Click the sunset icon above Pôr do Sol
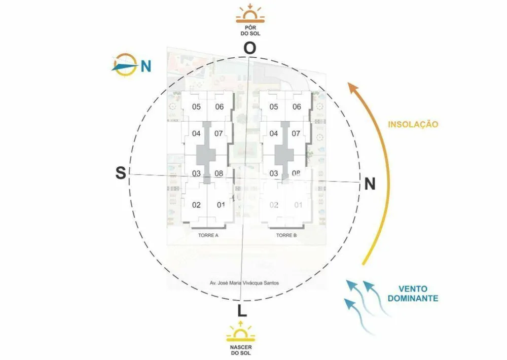[250, 14]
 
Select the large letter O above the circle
[249, 48]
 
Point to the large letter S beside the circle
[121, 173]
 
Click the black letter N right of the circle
[370, 184]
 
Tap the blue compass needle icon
[125, 65]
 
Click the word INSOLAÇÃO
[413, 124]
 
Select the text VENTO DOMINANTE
[413, 294]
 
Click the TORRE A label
[208, 235]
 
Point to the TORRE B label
[286, 235]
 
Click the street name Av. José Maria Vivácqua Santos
[244, 283]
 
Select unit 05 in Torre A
[196, 107]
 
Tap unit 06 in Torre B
[297, 107]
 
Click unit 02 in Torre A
[196, 205]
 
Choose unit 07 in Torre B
[296, 133]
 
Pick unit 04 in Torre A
[196, 133]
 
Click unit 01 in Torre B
[298, 205]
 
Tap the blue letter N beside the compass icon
[146, 66]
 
